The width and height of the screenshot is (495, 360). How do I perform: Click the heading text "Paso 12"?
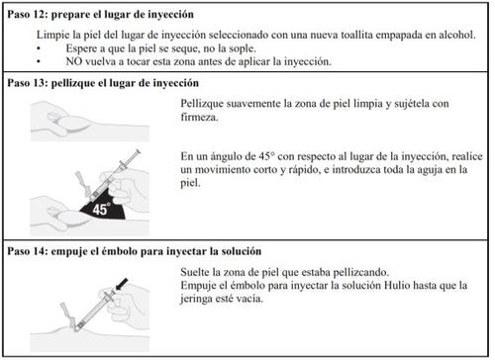tap(28, 15)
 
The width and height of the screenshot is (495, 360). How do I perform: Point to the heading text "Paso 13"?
tap(28, 83)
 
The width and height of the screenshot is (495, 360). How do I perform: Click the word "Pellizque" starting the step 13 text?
tap(202, 104)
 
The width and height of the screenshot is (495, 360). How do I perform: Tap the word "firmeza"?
tap(198, 117)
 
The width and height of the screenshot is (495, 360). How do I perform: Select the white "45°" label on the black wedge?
tap(101, 209)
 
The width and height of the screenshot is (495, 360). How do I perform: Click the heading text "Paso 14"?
tap(28, 251)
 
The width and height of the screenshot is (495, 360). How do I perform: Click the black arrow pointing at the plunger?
tap(122, 284)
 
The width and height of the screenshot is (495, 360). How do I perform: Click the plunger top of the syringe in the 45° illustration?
tap(138, 153)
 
